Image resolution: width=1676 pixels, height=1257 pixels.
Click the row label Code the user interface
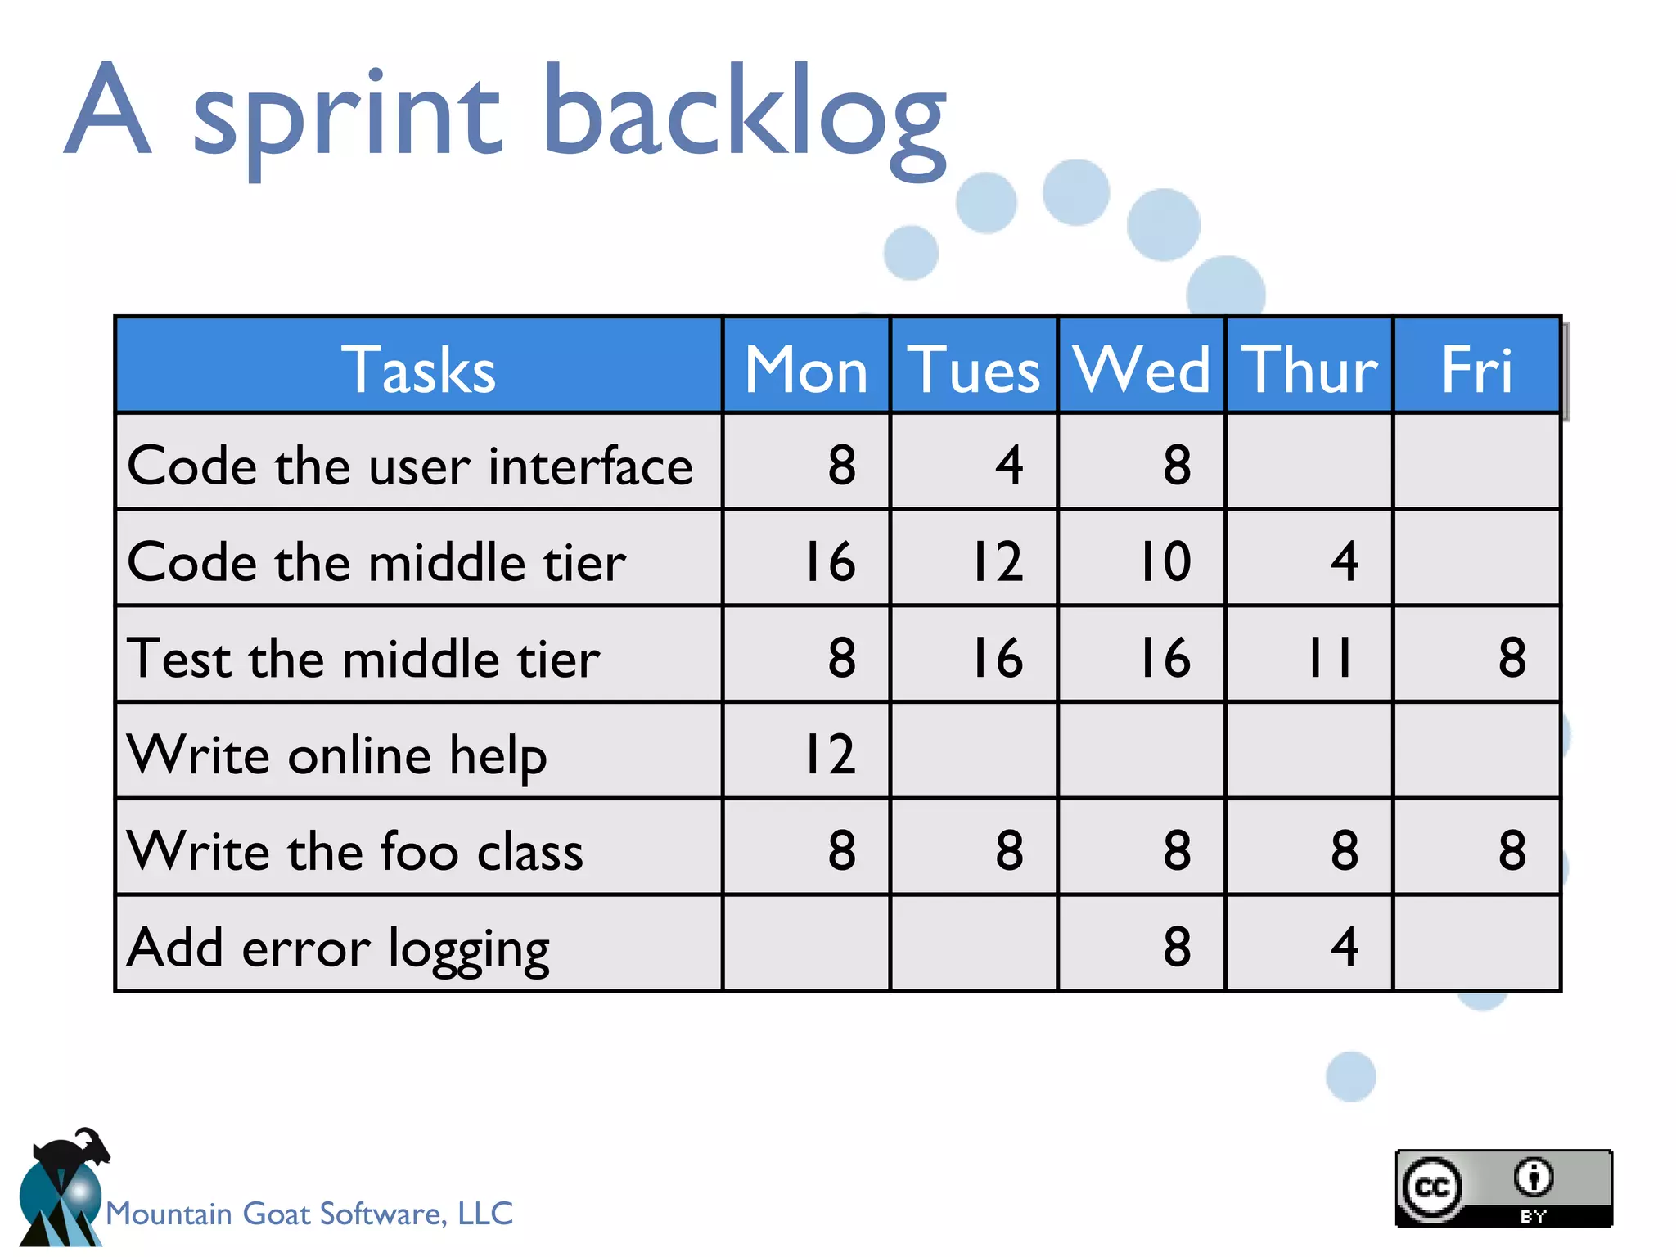point(410,466)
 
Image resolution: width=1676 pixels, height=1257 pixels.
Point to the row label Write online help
point(336,755)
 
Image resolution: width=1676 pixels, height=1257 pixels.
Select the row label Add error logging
point(338,948)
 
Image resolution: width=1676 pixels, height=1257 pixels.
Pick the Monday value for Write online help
point(830,754)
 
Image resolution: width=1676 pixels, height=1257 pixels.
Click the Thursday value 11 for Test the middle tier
point(1329,657)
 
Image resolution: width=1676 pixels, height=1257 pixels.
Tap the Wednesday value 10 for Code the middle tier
point(1165,561)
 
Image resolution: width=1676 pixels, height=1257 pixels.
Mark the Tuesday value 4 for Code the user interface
point(1009,465)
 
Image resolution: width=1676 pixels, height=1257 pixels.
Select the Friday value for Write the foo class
point(1512,849)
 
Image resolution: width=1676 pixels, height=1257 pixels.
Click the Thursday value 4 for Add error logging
point(1344,946)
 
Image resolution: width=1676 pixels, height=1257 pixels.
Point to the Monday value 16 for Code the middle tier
point(830,561)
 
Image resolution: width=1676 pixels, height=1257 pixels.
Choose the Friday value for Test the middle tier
point(1512,657)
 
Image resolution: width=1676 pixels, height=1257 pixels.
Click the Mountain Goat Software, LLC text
point(309,1213)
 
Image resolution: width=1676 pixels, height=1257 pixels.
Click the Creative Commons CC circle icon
point(1431,1187)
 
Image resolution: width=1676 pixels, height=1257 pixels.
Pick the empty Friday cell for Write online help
point(1476,750)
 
